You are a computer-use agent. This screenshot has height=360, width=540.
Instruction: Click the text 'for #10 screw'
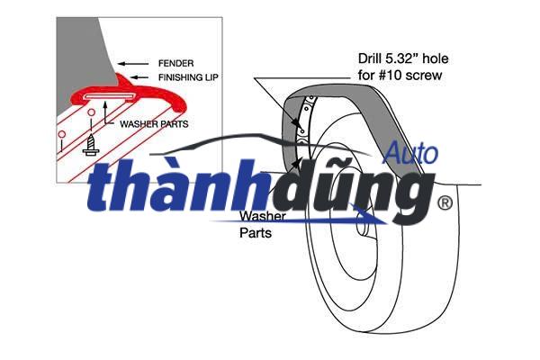[x=398, y=76]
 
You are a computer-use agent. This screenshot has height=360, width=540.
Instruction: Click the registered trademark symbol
[x=444, y=204]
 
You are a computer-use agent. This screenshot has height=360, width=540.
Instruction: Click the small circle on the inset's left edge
[x=60, y=137]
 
